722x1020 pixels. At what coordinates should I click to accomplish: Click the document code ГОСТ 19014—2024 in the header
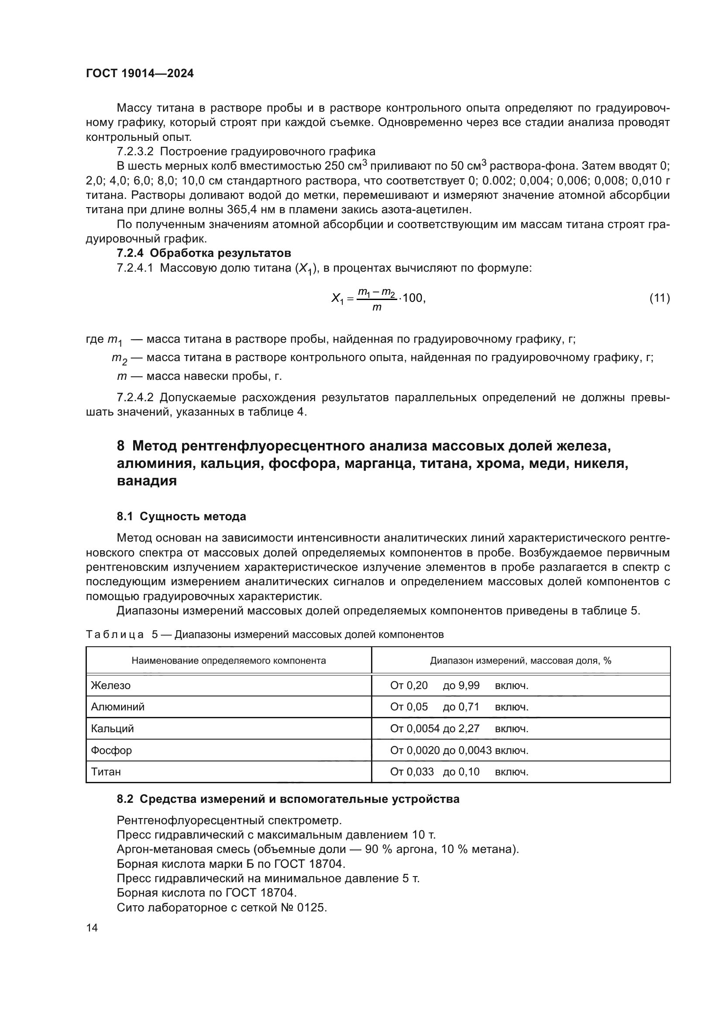(140, 74)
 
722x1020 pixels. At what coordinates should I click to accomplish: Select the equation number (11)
(659, 298)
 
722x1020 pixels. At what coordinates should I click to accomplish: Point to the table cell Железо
(111, 686)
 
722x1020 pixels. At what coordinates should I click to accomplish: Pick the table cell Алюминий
(118, 707)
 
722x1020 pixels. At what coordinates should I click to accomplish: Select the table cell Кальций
(113, 729)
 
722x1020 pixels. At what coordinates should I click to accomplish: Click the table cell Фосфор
(112, 751)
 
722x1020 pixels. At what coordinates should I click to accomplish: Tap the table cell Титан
(106, 772)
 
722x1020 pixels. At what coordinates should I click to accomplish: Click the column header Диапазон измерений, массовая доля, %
(521, 661)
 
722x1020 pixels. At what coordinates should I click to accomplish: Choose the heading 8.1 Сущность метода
(182, 516)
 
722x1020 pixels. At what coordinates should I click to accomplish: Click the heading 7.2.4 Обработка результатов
(203, 253)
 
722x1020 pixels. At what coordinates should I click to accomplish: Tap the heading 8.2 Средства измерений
(288, 799)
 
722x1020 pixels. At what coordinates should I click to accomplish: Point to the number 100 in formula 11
(413, 298)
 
